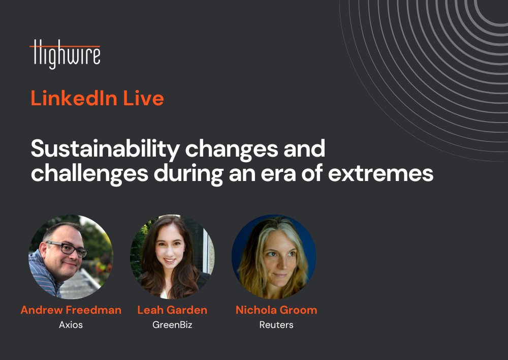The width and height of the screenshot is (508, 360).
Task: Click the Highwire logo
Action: pyautogui.click(x=65, y=54)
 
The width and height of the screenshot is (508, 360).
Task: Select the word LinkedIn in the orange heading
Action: pyautogui.click(x=74, y=98)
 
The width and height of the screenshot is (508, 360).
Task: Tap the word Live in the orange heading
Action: pyautogui.click(x=143, y=98)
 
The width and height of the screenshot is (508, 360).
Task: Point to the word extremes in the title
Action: pyautogui.click(x=380, y=173)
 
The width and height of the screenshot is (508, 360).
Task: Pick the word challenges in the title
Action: pyautogui.click(x=89, y=174)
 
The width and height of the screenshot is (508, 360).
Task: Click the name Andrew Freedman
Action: pyautogui.click(x=71, y=310)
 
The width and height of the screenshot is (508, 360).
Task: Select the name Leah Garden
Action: pyautogui.click(x=172, y=310)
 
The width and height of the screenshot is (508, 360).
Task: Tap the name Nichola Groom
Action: pyautogui.click(x=276, y=310)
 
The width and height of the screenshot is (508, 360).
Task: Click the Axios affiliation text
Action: pyautogui.click(x=71, y=324)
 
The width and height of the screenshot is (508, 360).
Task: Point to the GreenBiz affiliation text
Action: pyautogui.click(x=172, y=324)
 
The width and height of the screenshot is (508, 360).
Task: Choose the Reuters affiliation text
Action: pyautogui.click(x=276, y=324)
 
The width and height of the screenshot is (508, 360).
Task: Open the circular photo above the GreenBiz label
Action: pyautogui.click(x=172, y=257)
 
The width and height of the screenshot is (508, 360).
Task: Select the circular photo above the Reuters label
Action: pyautogui.click(x=274, y=257)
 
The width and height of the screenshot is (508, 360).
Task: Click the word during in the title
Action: pyautogui.click(x=188, y=174)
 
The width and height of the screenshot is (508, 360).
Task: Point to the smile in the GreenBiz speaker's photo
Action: pyautogui.click(x=169, y=260)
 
